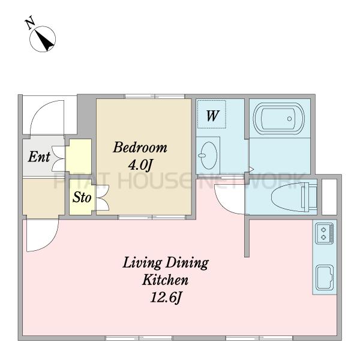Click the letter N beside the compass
point(30,22)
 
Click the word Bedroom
point(140,148)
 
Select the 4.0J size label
point(140,164)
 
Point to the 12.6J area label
point(166,298)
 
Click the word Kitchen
point(166,280)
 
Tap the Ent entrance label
point(39,157)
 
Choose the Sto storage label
point(82,197)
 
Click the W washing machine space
point(212,114)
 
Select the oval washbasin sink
point(208,155)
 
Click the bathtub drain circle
point(290,119)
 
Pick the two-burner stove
point(324,233)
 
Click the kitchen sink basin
point(325,278)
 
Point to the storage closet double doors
point(103,197)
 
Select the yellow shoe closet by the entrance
point(79,156)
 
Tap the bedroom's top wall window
point(155,96)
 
